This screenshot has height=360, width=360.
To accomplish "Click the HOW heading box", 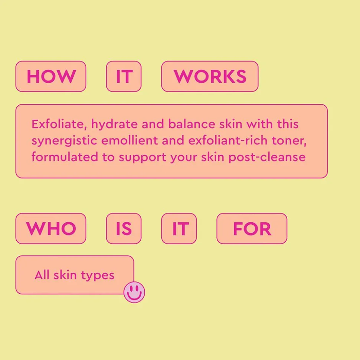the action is coord(51,76).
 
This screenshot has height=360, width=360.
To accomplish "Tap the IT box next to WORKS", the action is coord(124,76).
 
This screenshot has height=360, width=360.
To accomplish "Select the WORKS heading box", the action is coord(210,76).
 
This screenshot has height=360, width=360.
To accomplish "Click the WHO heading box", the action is coord(51,228).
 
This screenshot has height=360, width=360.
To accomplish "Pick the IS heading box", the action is coord(124,228).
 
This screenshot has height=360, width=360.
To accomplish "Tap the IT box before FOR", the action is coord(179,228).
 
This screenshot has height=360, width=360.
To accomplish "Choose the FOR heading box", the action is coord(252,228).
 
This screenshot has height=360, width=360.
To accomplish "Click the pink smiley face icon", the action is coord(134,292).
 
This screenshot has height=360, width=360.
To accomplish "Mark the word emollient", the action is coord(130,141).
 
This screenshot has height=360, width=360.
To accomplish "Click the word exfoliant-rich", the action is coord(228,141).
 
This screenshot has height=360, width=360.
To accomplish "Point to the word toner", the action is coord(289,141).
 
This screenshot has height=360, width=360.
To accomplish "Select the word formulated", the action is coord(65,157).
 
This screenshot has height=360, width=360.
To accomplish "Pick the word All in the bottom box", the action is coord(42,275).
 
